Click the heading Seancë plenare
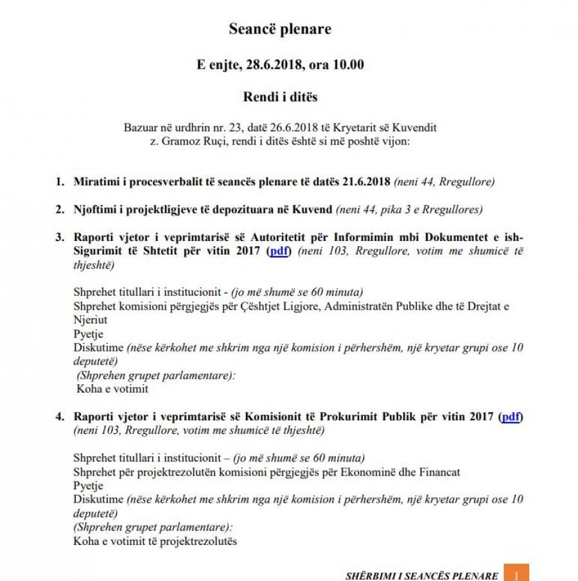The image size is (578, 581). [x=280, y=29]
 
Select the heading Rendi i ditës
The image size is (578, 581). [x=280, y=97]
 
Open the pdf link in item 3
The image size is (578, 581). [x=279, y=251]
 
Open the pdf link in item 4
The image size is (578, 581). [x=511, y=416]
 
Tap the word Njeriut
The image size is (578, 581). [x=91, y=320]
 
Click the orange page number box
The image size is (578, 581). [x=516, y=573]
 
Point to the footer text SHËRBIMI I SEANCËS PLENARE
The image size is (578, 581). [x=421, y=575]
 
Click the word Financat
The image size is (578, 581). [x=438, y=472]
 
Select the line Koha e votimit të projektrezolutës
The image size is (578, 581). [x=155, y=541]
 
